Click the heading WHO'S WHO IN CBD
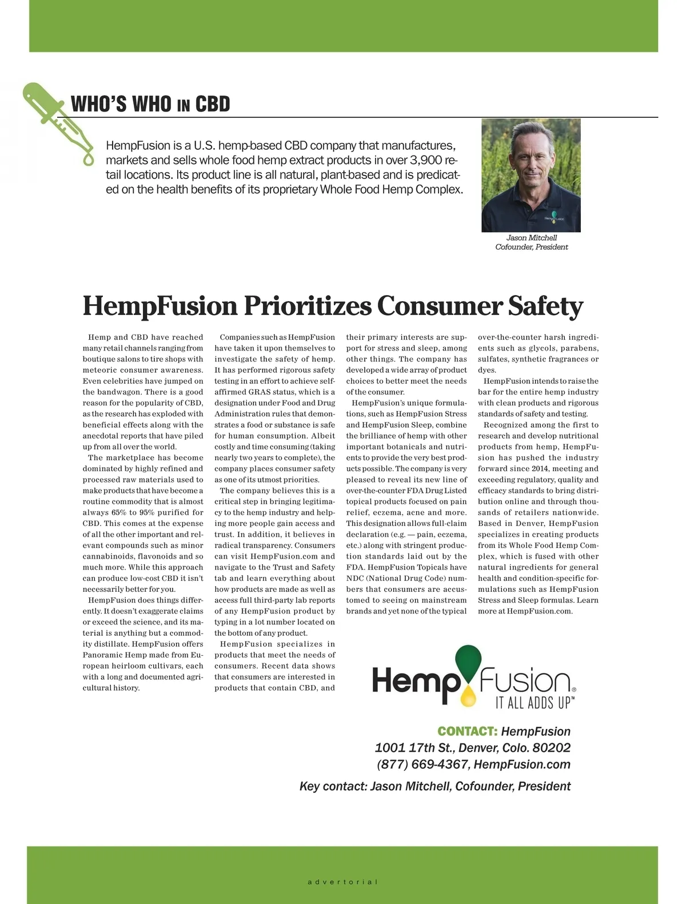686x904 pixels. click(150, 105)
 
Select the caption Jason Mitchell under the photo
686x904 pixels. click(531, 238)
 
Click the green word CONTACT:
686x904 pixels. click(467, 731)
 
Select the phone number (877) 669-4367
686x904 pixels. click(422, 764)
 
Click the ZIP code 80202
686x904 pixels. click(551, 748)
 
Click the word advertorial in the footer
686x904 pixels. click(342, 882)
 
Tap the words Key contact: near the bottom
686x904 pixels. click(333, 786)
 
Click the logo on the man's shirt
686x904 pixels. click(553, 217)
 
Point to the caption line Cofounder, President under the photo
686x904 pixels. click(531, 247)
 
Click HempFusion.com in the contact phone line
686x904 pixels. click(522, 764)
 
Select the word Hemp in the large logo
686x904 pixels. click(416, 682)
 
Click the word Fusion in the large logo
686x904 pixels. click(525, 682)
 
